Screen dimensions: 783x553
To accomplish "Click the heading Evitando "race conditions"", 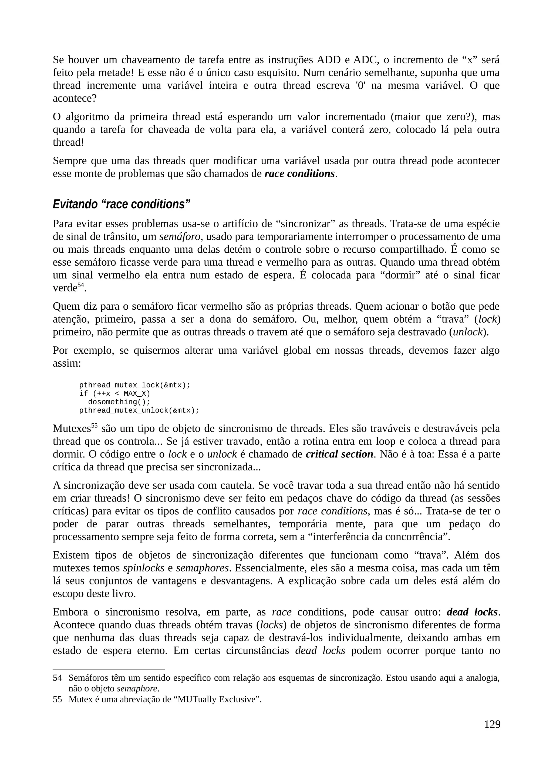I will [x=121, y=204].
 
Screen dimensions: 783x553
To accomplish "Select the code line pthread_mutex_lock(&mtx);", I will [x=134, y=385].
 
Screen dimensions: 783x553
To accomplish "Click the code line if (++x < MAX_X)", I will [x=114, y=394].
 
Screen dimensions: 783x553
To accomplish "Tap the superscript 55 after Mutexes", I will [x=95, y=426].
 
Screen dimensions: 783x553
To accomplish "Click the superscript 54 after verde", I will [x=80, y=285].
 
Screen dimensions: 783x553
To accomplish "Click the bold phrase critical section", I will [x=339, y=454].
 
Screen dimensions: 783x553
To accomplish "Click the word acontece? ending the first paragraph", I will [x=75, y=99].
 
